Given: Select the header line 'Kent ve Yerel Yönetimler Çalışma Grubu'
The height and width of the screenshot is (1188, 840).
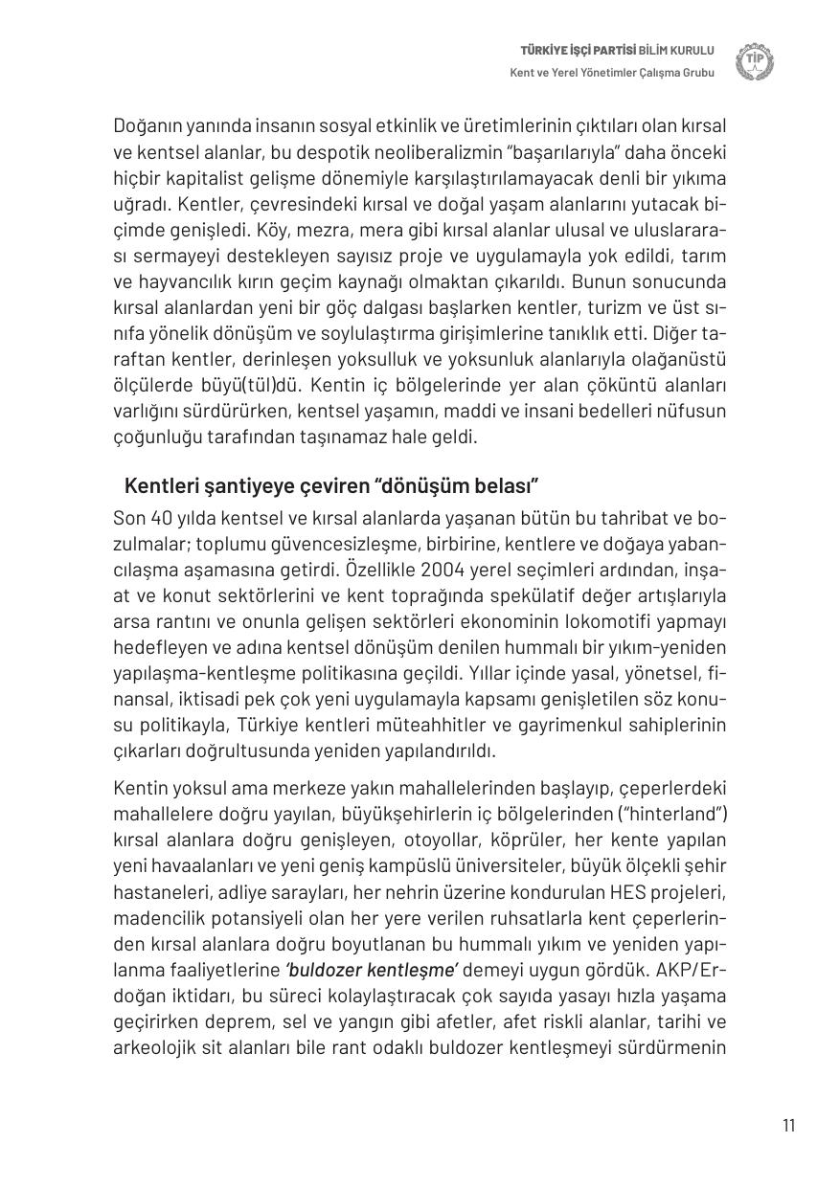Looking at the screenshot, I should tap(612, 74).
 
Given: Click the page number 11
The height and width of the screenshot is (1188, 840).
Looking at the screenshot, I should tap(788, 1125).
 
